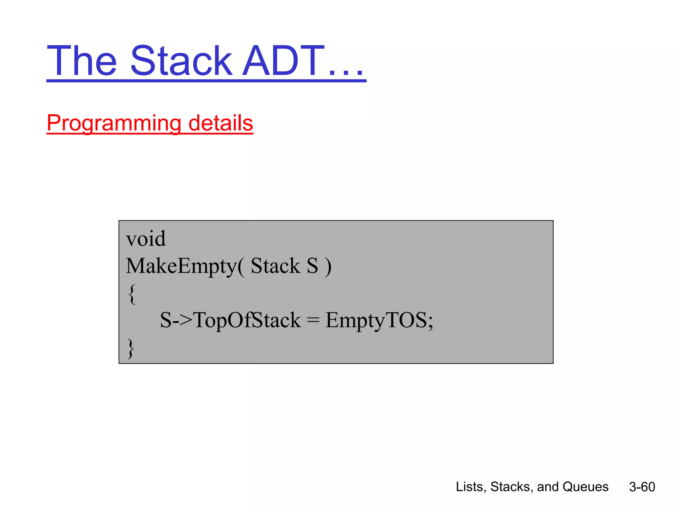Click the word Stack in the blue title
[181, 61]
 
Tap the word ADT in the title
[283, 61]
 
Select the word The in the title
[82, 61]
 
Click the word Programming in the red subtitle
[114, 123]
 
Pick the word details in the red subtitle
[220, 123]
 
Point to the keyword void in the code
[146, 239]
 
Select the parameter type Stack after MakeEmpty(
[275, 266]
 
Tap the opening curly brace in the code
[132, 294]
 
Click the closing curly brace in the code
[131, 348]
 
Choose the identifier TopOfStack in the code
[247, 320]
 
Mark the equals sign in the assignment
[313, 320]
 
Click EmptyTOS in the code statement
[376, 320]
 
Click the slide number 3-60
[642, 487]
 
